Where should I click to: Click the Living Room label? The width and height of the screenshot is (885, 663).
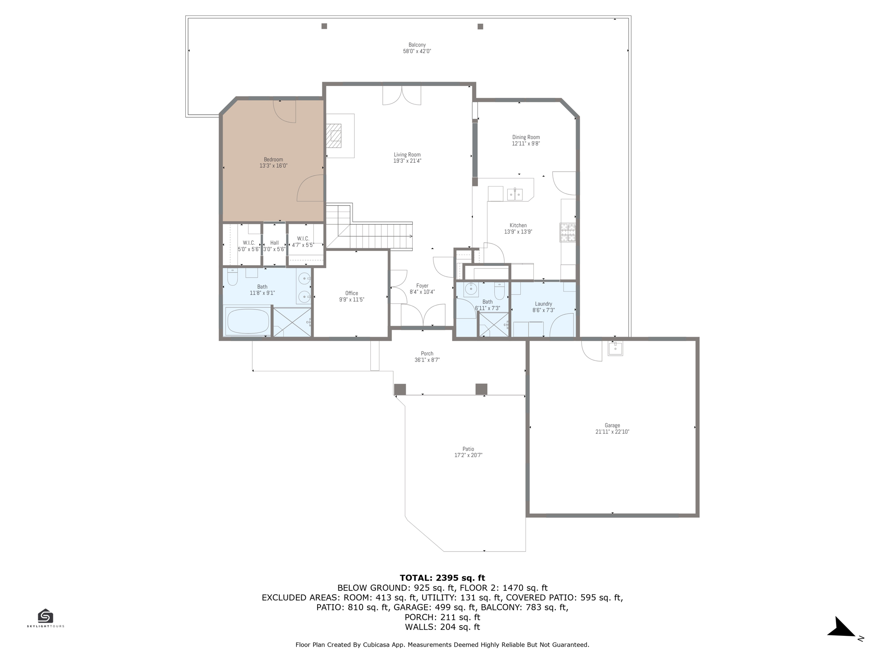407,155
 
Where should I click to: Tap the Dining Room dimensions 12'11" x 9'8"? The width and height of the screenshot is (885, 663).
525,144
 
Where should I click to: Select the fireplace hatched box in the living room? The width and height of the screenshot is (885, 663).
333,136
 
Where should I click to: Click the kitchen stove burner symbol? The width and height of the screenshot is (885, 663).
568,232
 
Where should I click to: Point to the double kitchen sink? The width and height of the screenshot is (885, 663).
515,195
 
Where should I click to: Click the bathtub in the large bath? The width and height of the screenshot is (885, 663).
248,321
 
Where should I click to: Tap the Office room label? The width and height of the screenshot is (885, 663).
351,293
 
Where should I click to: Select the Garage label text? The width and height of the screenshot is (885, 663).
612,425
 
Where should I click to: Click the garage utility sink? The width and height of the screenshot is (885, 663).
615,348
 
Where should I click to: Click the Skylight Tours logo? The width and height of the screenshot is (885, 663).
45,618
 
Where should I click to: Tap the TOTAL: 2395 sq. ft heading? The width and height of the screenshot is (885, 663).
442,578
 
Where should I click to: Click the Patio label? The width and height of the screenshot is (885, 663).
468,449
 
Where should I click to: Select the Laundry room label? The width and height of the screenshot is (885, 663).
543,304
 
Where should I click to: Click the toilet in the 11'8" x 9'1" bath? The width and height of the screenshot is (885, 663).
232,278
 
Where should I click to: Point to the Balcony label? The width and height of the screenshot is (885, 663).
417,45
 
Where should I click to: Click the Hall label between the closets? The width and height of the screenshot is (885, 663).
274,243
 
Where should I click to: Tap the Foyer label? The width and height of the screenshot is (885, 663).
422,286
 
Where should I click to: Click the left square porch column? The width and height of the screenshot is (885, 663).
400,389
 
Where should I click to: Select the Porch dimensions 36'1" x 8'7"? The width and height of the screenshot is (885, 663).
427,360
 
